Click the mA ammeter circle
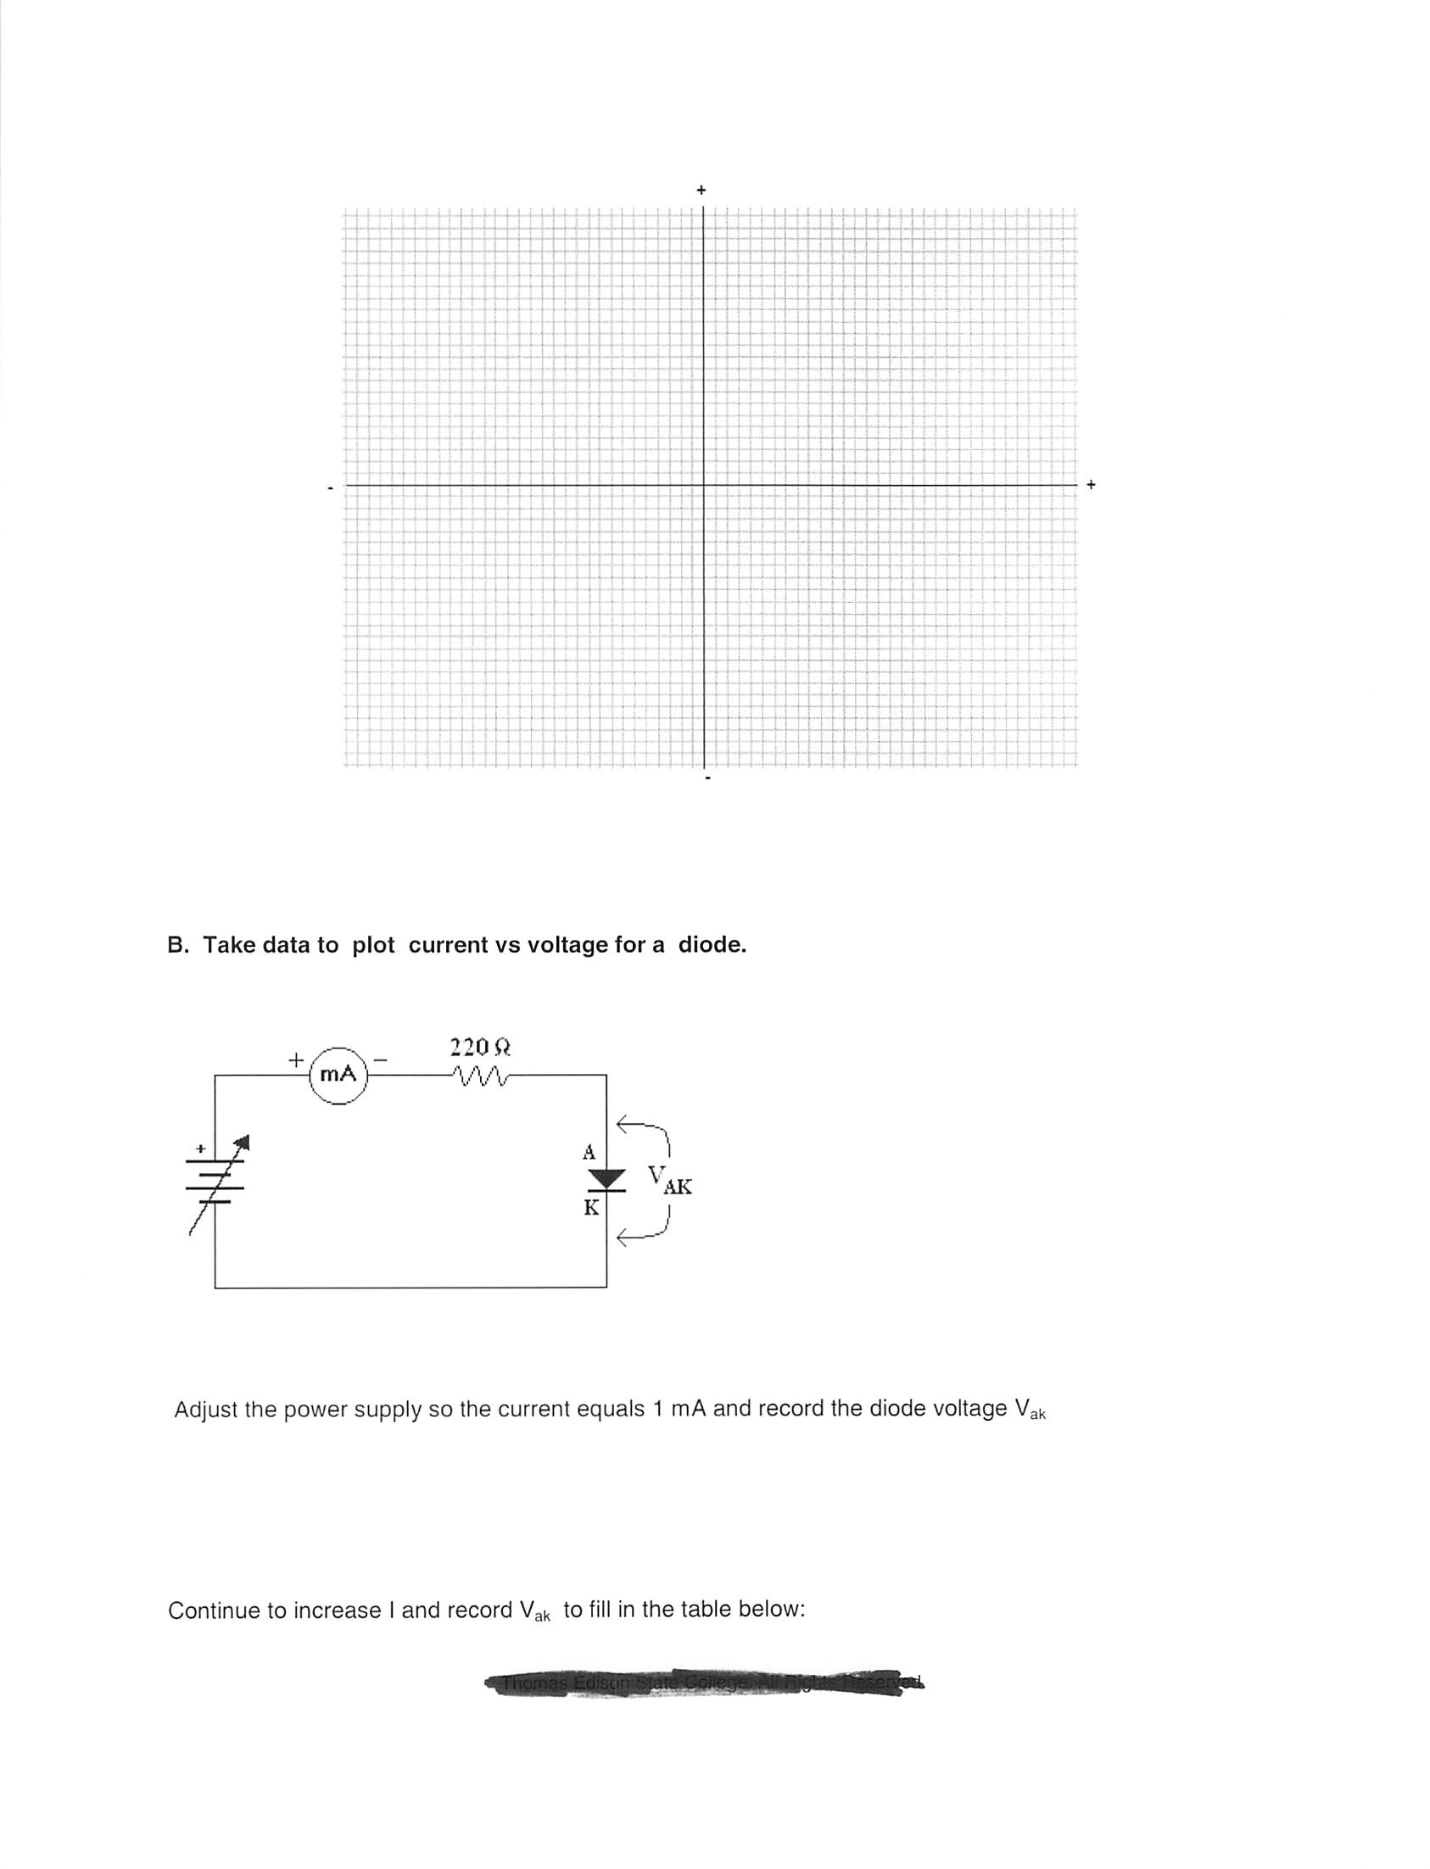(x=338, y=1075)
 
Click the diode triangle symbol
(x=607, y=1179)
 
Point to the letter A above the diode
(x=589, y=1153)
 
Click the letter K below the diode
(x=590, y=1207)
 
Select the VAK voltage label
(x=669, y=1182)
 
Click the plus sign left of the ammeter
(x=294, y=1060)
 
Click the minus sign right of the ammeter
(x=381, y=1060)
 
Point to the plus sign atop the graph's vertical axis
(x=701, y=190)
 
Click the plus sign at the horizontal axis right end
(x=1092, y=484)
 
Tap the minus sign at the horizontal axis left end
(x=330, y=487)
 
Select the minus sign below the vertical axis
(x=707, y=778)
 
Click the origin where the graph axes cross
(x=704, y=485)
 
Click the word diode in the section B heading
(x=712, y=945)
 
